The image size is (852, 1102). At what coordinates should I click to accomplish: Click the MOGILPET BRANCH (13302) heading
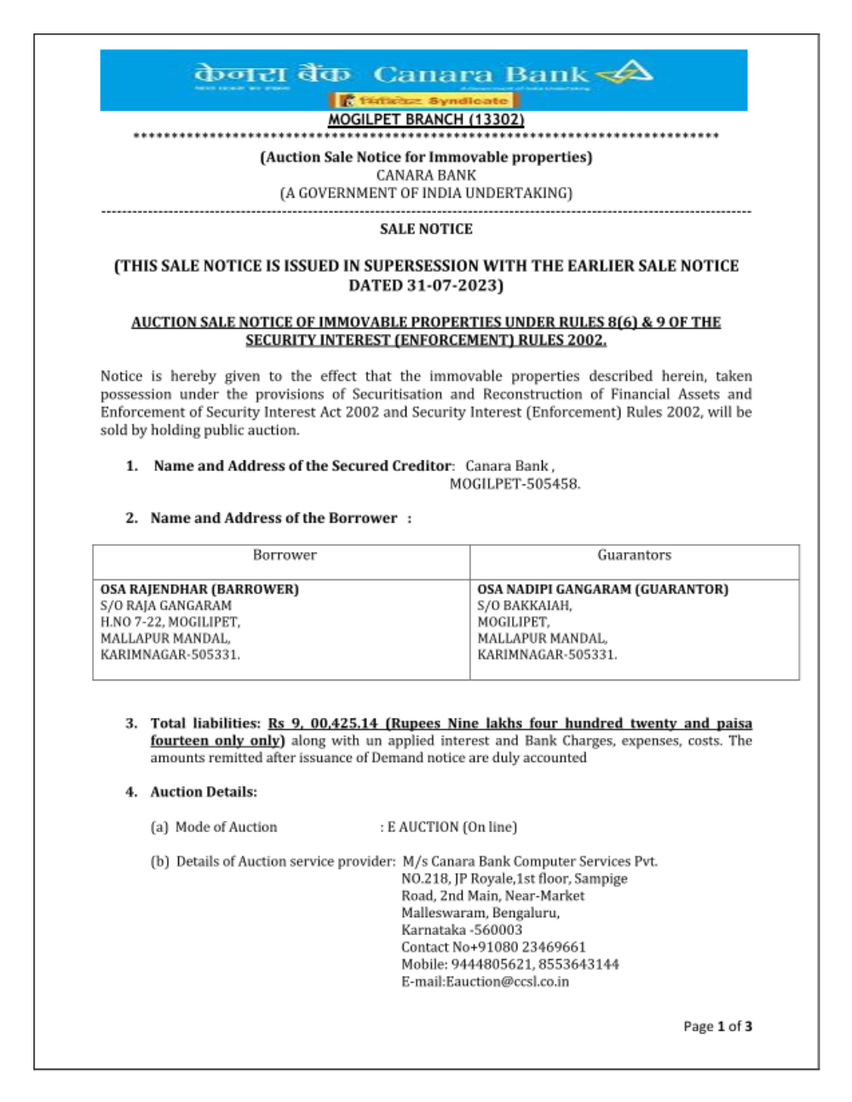pos(426,120)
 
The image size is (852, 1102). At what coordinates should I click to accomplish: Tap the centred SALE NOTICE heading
pos(426,229)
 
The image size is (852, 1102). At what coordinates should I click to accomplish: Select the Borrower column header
pos(285,555)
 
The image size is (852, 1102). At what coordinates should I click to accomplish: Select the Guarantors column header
pos(634,555)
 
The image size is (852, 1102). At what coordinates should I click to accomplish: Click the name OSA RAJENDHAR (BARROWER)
pos(199,589)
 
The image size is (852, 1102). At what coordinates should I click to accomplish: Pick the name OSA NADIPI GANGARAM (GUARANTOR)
pos(602,589)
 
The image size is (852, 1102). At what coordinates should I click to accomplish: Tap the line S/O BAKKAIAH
pos(525,606)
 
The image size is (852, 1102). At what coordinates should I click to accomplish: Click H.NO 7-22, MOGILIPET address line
pos(170,622)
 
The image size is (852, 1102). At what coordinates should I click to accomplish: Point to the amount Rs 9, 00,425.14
pos(323,723)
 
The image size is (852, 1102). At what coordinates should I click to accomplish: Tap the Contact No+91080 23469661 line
pos(493,947)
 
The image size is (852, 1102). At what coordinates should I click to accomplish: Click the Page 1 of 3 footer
pos(717,1026)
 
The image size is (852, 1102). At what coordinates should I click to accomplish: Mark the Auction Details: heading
pos(204,792)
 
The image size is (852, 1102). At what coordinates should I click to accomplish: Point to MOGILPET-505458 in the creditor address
pos(515,484)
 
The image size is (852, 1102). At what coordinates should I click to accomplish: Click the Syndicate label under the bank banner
pos(468,100)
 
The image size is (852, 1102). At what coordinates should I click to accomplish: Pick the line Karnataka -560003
pos(462,930)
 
